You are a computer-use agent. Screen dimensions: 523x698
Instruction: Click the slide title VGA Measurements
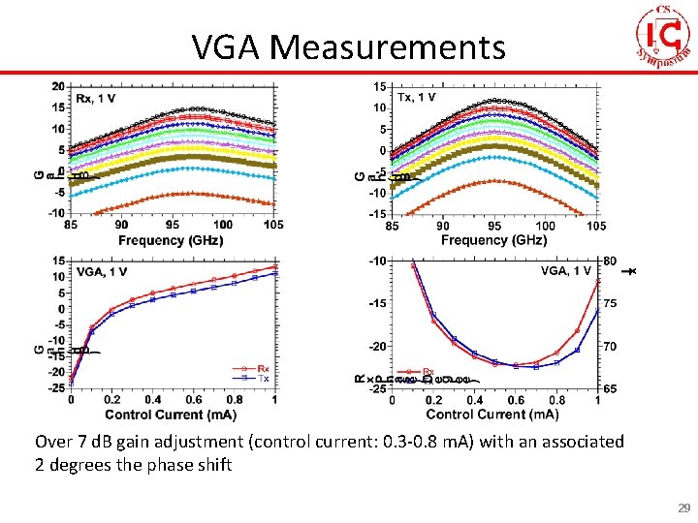tap(348, 46)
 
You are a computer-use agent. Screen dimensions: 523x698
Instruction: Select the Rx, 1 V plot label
tap(95, 97)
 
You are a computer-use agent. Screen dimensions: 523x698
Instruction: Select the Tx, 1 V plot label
tap(418, 97)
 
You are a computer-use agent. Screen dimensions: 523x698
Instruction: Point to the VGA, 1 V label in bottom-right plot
tap(565, 271)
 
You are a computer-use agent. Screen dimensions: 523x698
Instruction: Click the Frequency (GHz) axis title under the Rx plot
tap(172, 239)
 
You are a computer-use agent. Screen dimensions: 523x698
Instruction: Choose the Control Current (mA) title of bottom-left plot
tap(172, 415)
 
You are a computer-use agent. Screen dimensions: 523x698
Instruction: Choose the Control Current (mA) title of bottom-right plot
tap(493, 415)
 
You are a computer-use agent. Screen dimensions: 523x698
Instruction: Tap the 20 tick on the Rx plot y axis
tap(59, 87)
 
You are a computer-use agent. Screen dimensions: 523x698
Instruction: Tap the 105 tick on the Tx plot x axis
tap(596, 226)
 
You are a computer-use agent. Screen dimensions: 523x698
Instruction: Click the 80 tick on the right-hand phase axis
tap(610, 261)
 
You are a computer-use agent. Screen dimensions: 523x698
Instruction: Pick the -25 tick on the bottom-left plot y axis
tap(57, 388)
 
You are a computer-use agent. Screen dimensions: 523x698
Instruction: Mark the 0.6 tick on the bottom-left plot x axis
tap(193, 400)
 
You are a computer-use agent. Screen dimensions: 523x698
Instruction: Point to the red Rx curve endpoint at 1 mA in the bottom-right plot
tap(598, 280)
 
